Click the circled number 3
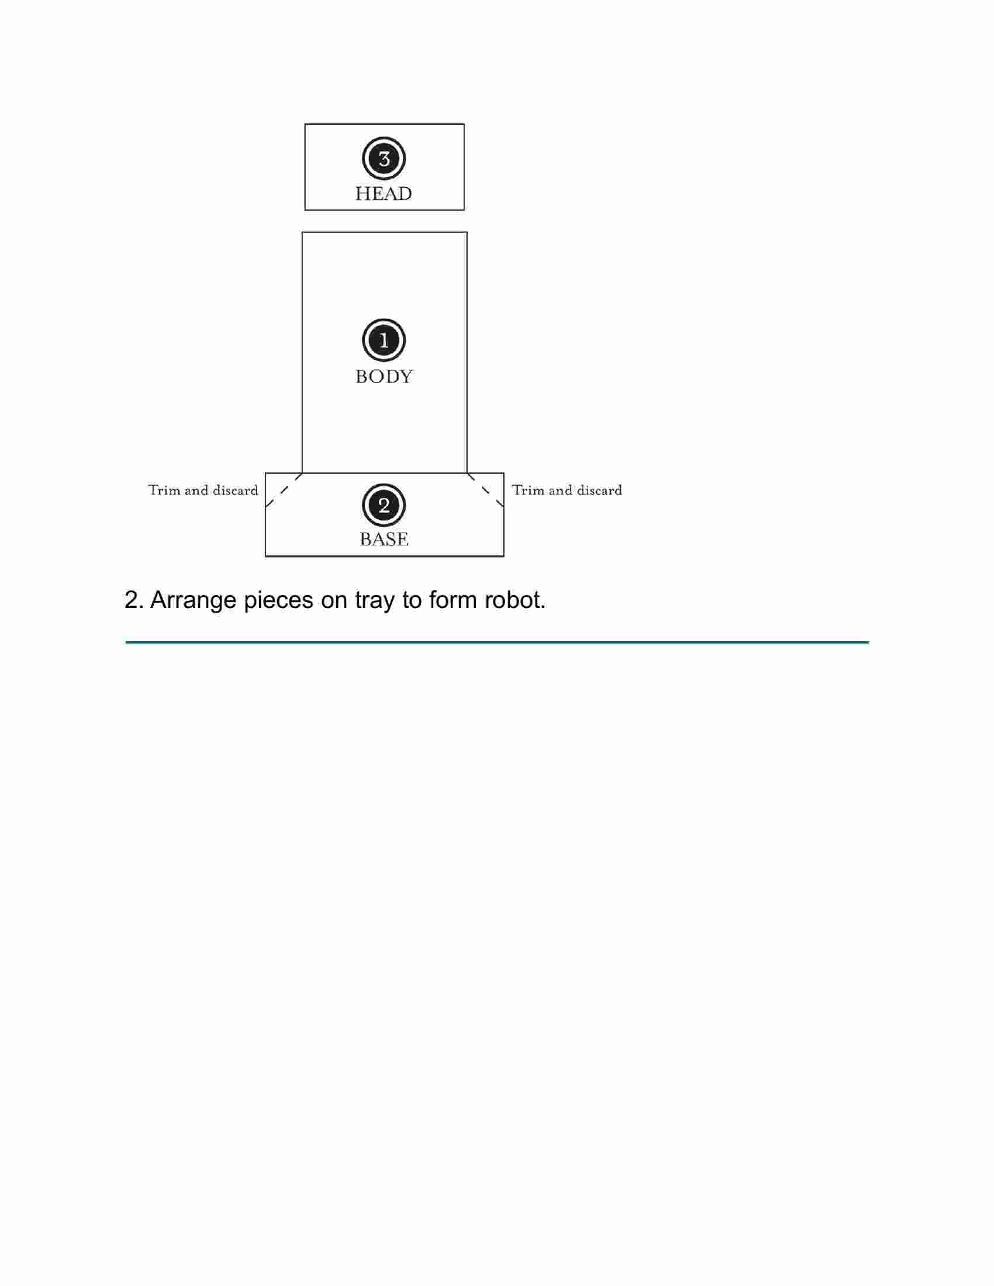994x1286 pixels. pyautogui.click(x=384, y=159)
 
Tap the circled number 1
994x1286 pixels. pyautogui.click(x=384, y=340)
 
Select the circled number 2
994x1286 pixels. pyautogui.click(x=384, y=505)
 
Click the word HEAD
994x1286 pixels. pyautogui.click(x=384, y=193)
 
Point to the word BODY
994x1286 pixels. pyautogui.click(x=384, y=376)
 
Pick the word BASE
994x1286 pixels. pyautogui.click(x=384, y=540)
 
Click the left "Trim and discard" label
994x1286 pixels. pyautogui.click(x=203, y=490)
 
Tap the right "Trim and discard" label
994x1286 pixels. pyautogui.click(x=567, y=490)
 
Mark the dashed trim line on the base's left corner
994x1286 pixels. pyautogui.click(x=284, y=490)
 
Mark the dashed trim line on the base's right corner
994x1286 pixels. pyautogui.click(x=485, y=490)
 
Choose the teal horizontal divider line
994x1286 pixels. pyautogui.click(x=497, y=642)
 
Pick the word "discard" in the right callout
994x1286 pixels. pyautogui.click(x=599, y=490)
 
